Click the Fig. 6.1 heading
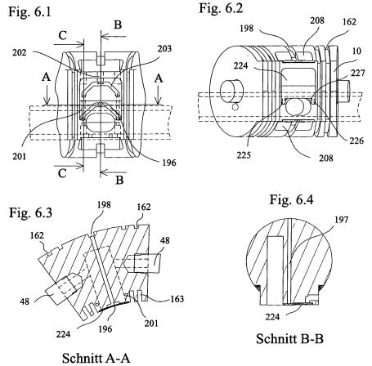pos(29,12)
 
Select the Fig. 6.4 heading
pos(291,199)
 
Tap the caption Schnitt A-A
pos(96,358)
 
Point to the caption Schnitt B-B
pos(289,339)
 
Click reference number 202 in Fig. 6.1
pos(20,52)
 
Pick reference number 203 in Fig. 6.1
pos(164,48)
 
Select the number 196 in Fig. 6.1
pos(169,163)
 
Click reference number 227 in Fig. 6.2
pos(357,73)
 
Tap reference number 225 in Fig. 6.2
pos(244,155)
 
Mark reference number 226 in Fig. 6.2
pos(356,141)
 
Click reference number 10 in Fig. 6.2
pos(356,51)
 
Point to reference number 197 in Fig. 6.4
pos(341,220)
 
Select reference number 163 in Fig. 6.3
pos(177,299)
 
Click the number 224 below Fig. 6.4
pos(272,317)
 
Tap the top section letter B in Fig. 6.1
pos(118,25)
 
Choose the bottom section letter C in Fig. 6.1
pos(62,173)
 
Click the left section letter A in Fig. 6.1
pos(47,78)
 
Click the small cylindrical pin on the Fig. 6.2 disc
pos(231,90)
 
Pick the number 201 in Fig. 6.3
pos(151,324)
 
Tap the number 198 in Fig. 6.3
pos(104,205)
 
